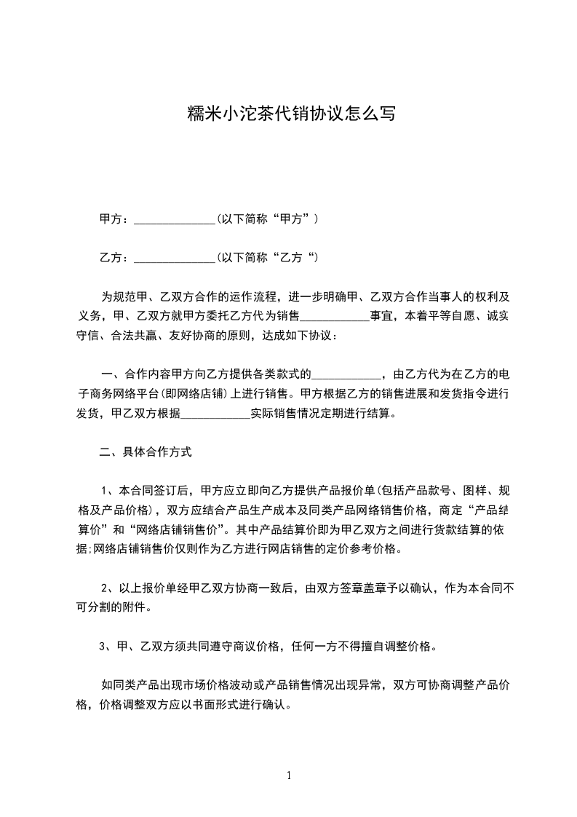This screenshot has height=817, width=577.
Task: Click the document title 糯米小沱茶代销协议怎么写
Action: tap(288, 114)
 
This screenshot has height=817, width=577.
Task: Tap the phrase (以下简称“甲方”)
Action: tap(268, 218)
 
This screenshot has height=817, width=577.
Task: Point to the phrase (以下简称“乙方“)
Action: tap(268, 258)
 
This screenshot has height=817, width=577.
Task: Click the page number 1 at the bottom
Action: tap(289, 776)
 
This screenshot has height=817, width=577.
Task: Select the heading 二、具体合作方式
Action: tap(146, 452)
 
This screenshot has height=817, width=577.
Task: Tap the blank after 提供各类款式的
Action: tap(346, 376)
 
